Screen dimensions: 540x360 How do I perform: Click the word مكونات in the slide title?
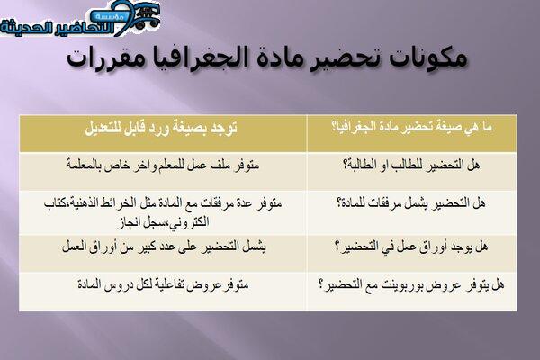[x=427, y=58]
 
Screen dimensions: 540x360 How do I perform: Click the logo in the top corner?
[x=80, y=18]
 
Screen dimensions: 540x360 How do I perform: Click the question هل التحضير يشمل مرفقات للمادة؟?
[x=411, y=202]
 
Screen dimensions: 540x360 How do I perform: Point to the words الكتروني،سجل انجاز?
[x=164, y=222]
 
